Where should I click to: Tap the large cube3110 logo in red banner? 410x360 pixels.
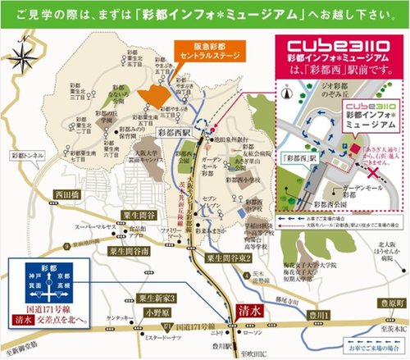(x=314, y=41)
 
